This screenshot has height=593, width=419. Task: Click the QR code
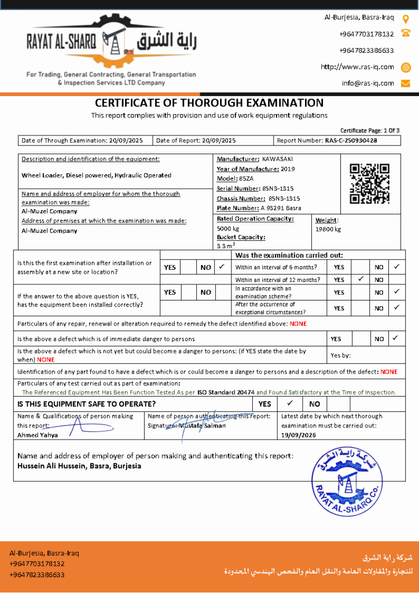(x=369, y=184)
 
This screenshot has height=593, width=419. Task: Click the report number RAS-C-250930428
(x=351, y=140)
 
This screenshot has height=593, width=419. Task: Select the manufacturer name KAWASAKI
(x=278, y=159)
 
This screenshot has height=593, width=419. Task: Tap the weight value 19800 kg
(x=328, y=229)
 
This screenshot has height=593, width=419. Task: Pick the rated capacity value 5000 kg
(x=228, y=229)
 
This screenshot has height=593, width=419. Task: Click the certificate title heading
(x=209, y=103)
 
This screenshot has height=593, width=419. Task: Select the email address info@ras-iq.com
(x=367, y=83)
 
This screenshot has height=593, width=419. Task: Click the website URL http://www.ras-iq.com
(x=357, y=67)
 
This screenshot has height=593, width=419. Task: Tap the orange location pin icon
(x=406, y=19)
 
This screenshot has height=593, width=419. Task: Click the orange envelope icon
(x=406, y=83)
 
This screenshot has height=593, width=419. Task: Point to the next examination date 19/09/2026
(x=299, y=434)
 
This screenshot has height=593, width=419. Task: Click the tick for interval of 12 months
(x=360, y=279)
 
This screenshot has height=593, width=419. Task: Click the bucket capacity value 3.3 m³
(x=225, y=246)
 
